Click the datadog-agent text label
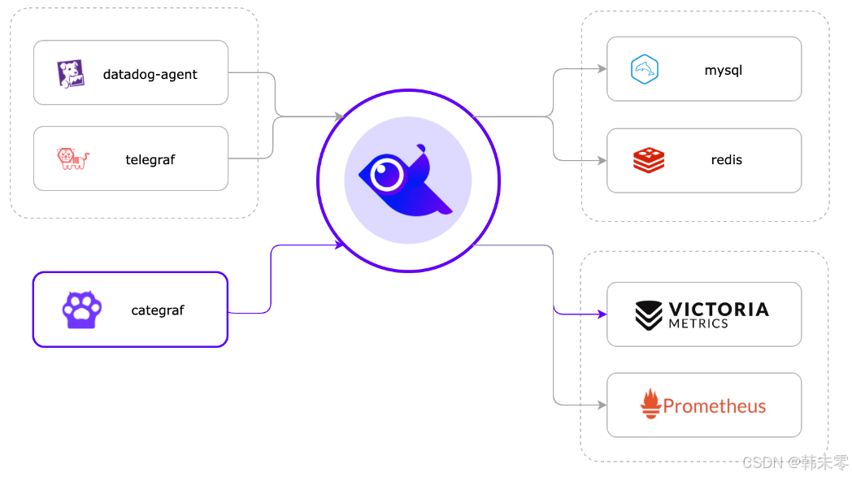150,75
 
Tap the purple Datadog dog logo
70,74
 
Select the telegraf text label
150,160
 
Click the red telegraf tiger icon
72,158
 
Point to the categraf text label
157,310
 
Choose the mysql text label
723,71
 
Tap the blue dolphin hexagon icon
644,70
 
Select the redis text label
726,160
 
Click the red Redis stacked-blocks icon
648,160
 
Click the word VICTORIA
718,309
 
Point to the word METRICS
698,323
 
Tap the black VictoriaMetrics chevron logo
649,315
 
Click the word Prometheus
714,406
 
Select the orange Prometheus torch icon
650,404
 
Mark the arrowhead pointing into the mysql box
602,70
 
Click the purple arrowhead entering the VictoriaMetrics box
602,314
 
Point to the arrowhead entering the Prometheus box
602,405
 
